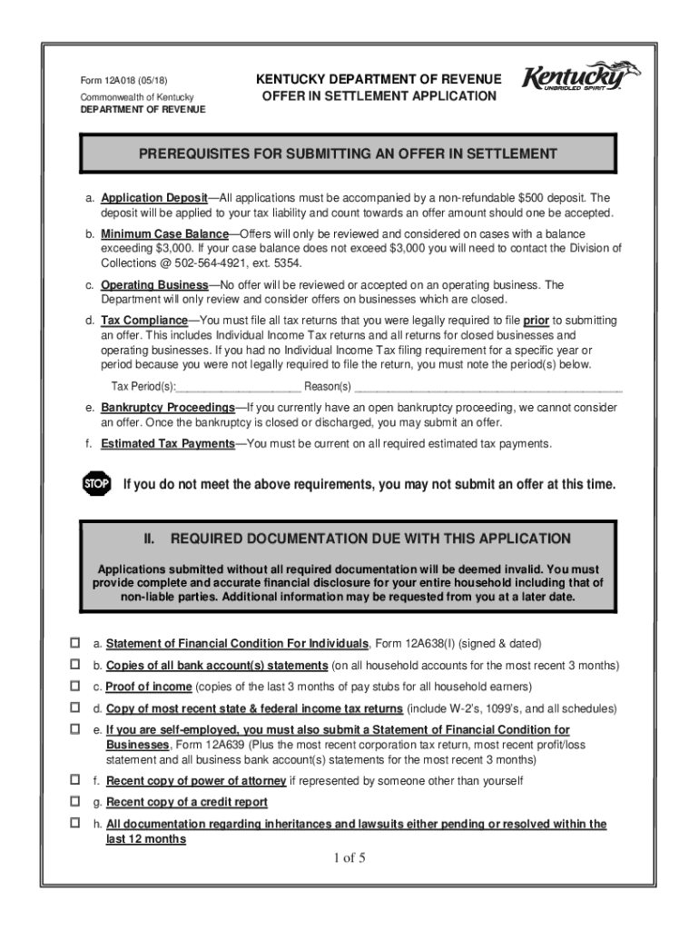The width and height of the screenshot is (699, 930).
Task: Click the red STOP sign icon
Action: click(95, 484)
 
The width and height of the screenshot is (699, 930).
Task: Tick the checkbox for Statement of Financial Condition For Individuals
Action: click(75, 643)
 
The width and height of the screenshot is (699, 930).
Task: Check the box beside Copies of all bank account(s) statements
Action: click(75, 665)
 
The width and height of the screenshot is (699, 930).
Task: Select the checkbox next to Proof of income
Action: click(75, 686)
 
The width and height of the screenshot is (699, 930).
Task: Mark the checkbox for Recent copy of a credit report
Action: click(75, 801)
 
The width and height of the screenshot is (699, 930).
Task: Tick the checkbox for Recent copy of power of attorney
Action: click(75, 779)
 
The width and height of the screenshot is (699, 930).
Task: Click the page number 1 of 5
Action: click(349, 858)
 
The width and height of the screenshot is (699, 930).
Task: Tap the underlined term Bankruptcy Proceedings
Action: click(168, 407)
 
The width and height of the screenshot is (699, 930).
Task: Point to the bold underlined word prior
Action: click(536, 321)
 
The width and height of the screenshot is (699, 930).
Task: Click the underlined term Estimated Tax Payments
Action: click(168, 444)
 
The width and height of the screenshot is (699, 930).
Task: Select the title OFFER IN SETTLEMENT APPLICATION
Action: click(379, 95)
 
